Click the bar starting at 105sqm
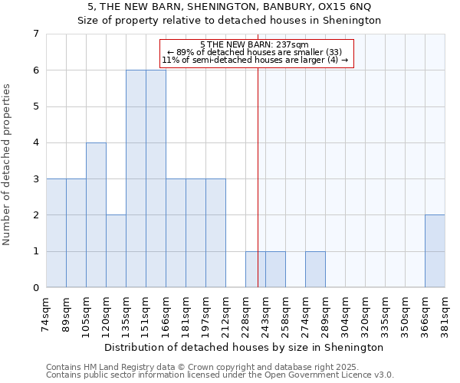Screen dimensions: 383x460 [96, 215]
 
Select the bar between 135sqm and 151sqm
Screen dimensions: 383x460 [136, 178]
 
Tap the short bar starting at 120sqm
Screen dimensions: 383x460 [116, 251]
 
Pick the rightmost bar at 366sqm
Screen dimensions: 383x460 [435, 251]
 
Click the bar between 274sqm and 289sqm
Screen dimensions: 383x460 [315, 270]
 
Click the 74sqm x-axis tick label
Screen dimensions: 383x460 [47, 314]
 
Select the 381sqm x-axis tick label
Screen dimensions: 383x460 [445, 315]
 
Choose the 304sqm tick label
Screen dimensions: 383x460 [346, 315]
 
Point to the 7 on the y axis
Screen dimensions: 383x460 [35, 34]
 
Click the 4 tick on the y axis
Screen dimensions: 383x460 [35, 142]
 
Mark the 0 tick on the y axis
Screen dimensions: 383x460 [35, 288]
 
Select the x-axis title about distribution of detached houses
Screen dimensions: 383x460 [245, 347]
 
